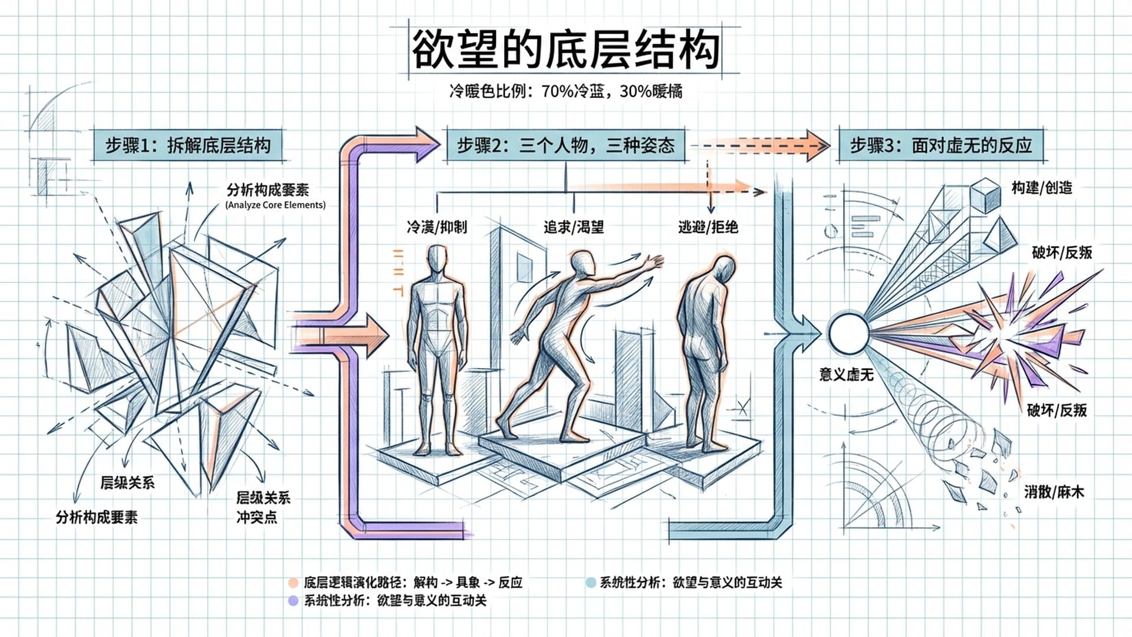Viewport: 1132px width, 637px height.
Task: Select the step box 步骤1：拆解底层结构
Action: coord(188,145)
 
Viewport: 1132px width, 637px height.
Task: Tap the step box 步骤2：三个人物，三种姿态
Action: coord(565,145)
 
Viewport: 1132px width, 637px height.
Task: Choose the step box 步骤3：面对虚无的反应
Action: coord(940,145)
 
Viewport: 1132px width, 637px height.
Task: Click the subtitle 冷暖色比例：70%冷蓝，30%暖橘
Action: coord(565,91)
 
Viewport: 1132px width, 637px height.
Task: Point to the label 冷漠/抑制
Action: coord(436,227)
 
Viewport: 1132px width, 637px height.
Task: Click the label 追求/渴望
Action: coord(573,227)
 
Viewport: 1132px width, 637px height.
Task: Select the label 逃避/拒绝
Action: coord(707,227)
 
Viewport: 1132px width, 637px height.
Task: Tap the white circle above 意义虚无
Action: coord(848,334)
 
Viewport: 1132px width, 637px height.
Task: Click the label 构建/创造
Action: coord(1041,188)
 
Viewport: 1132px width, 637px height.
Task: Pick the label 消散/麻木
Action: coord(1054,492)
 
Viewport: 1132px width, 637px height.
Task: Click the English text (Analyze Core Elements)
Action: coord(275,205)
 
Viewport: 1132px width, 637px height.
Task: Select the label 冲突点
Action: coord(256,517)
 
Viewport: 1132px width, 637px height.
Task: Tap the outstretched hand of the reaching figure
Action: coord(653,262)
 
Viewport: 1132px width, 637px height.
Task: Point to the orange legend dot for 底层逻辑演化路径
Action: coord(293,583)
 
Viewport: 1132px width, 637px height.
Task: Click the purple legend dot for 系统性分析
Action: coord(293,601)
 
